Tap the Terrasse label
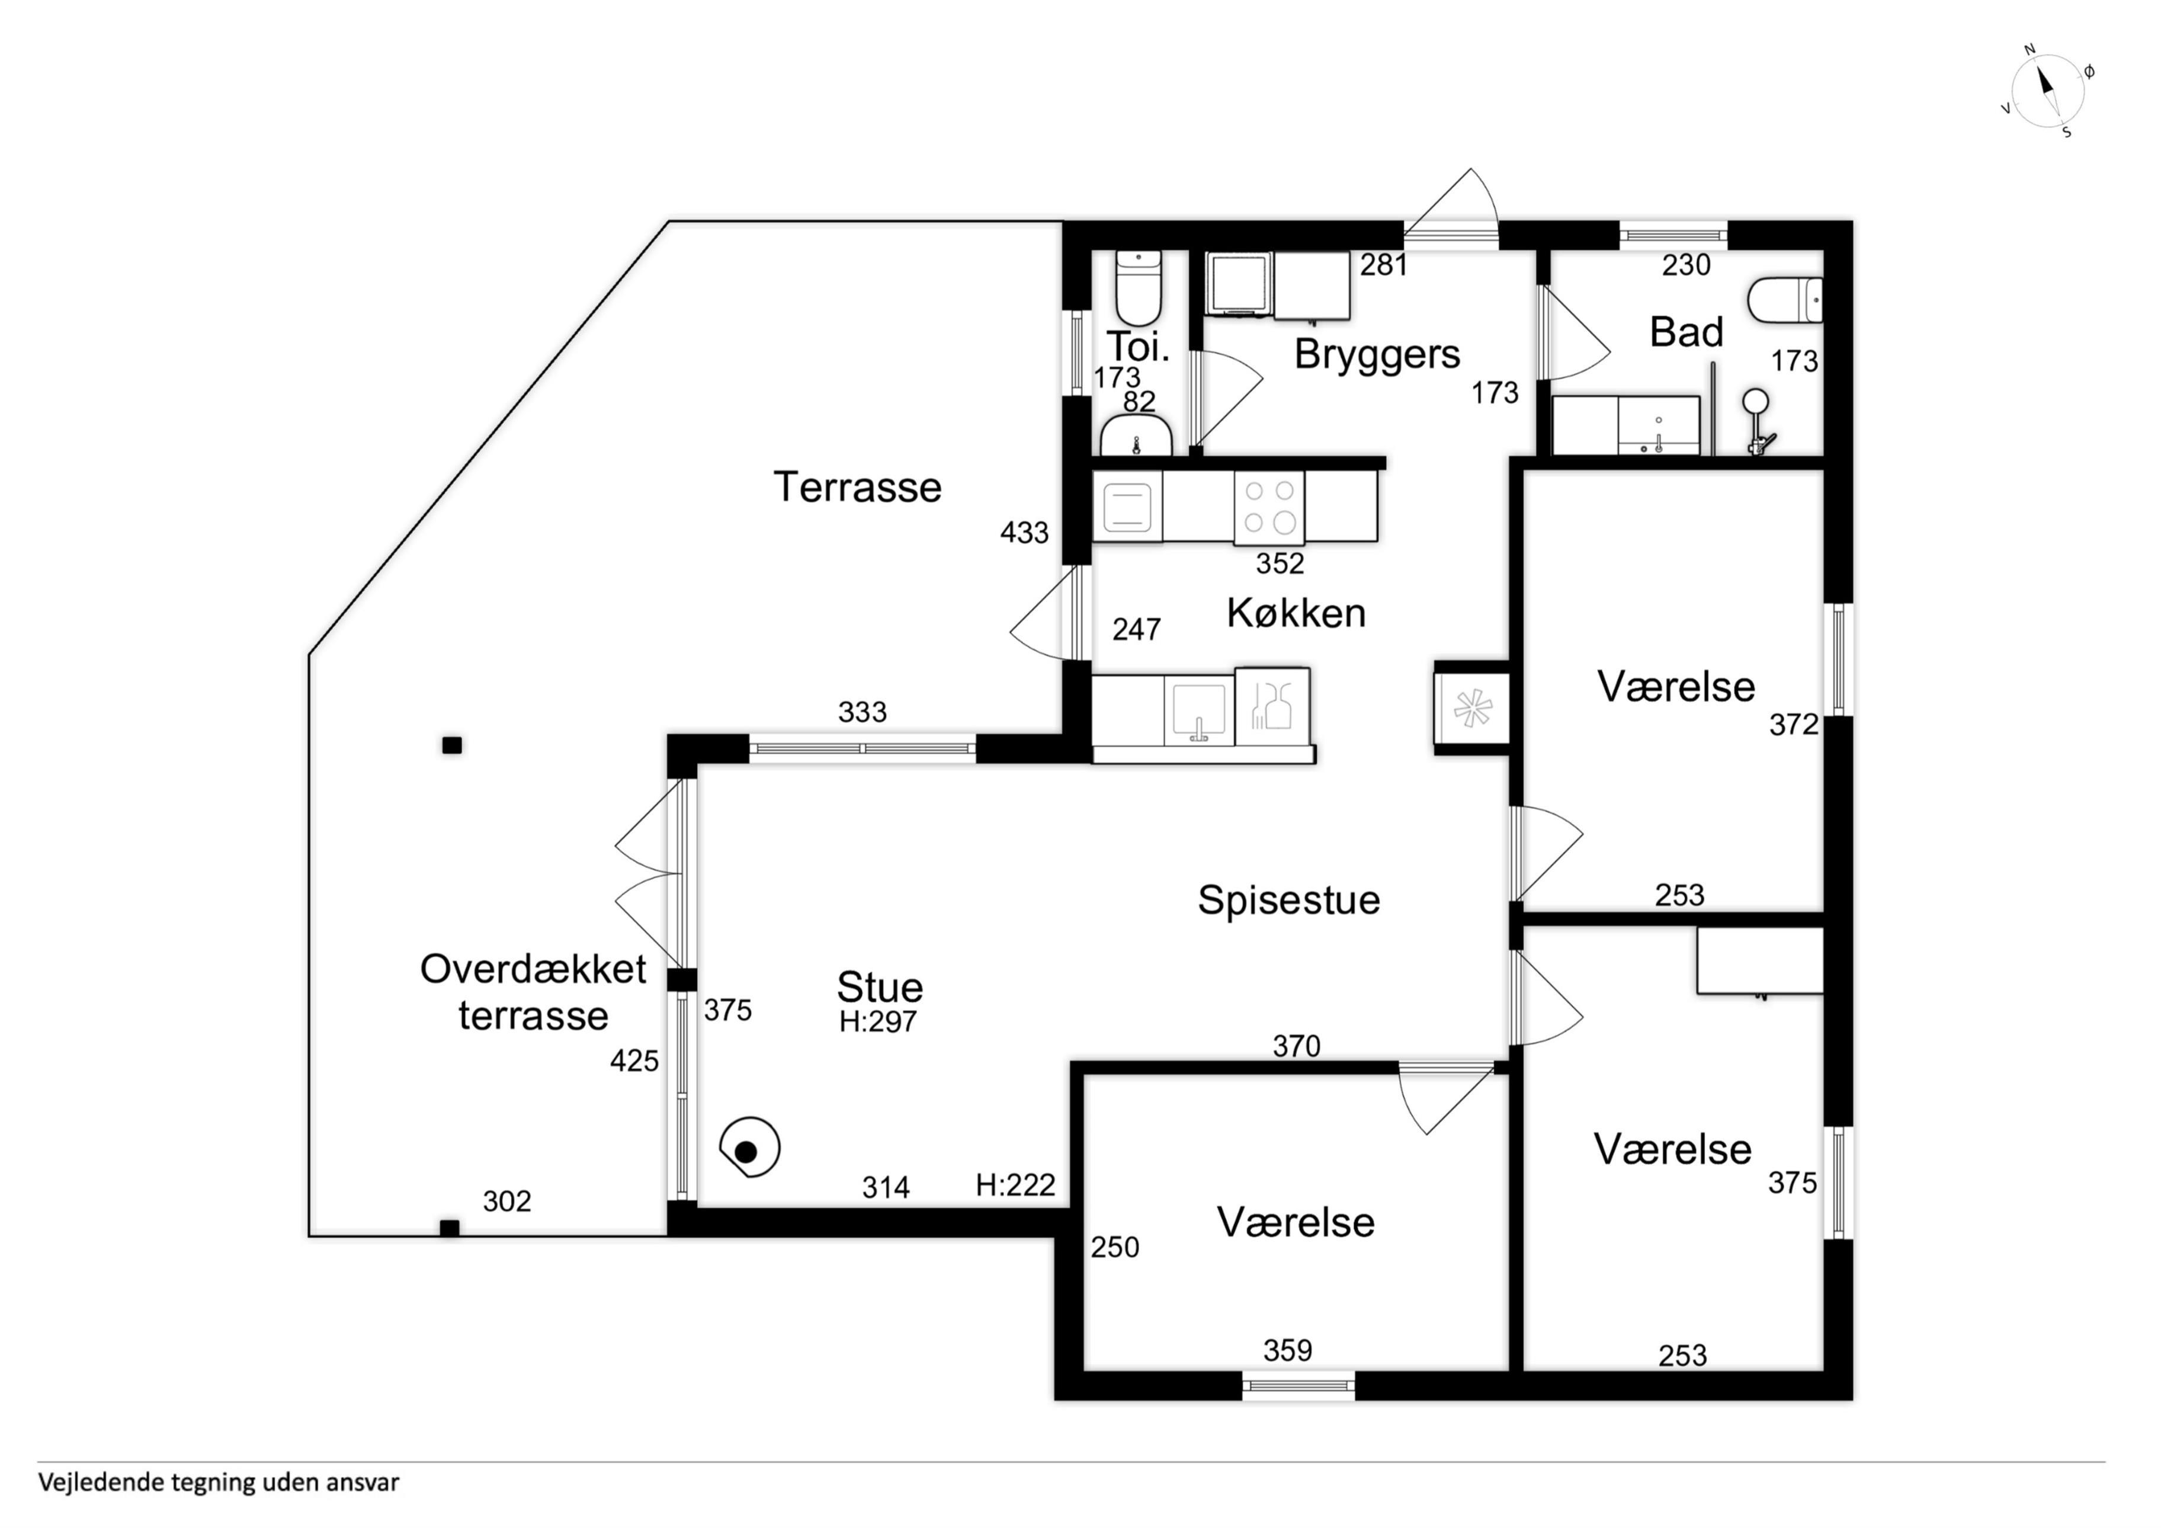coord(857,488)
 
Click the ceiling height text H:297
coord(878,1021)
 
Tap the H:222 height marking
coord(1015,1186)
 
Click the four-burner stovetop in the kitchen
coord(1269,508)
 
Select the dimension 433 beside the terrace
coord(1024,533)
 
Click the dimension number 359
coord(1288,1351)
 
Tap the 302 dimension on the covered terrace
coord(506,1202)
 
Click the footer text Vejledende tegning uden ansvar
coord(219,1483)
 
